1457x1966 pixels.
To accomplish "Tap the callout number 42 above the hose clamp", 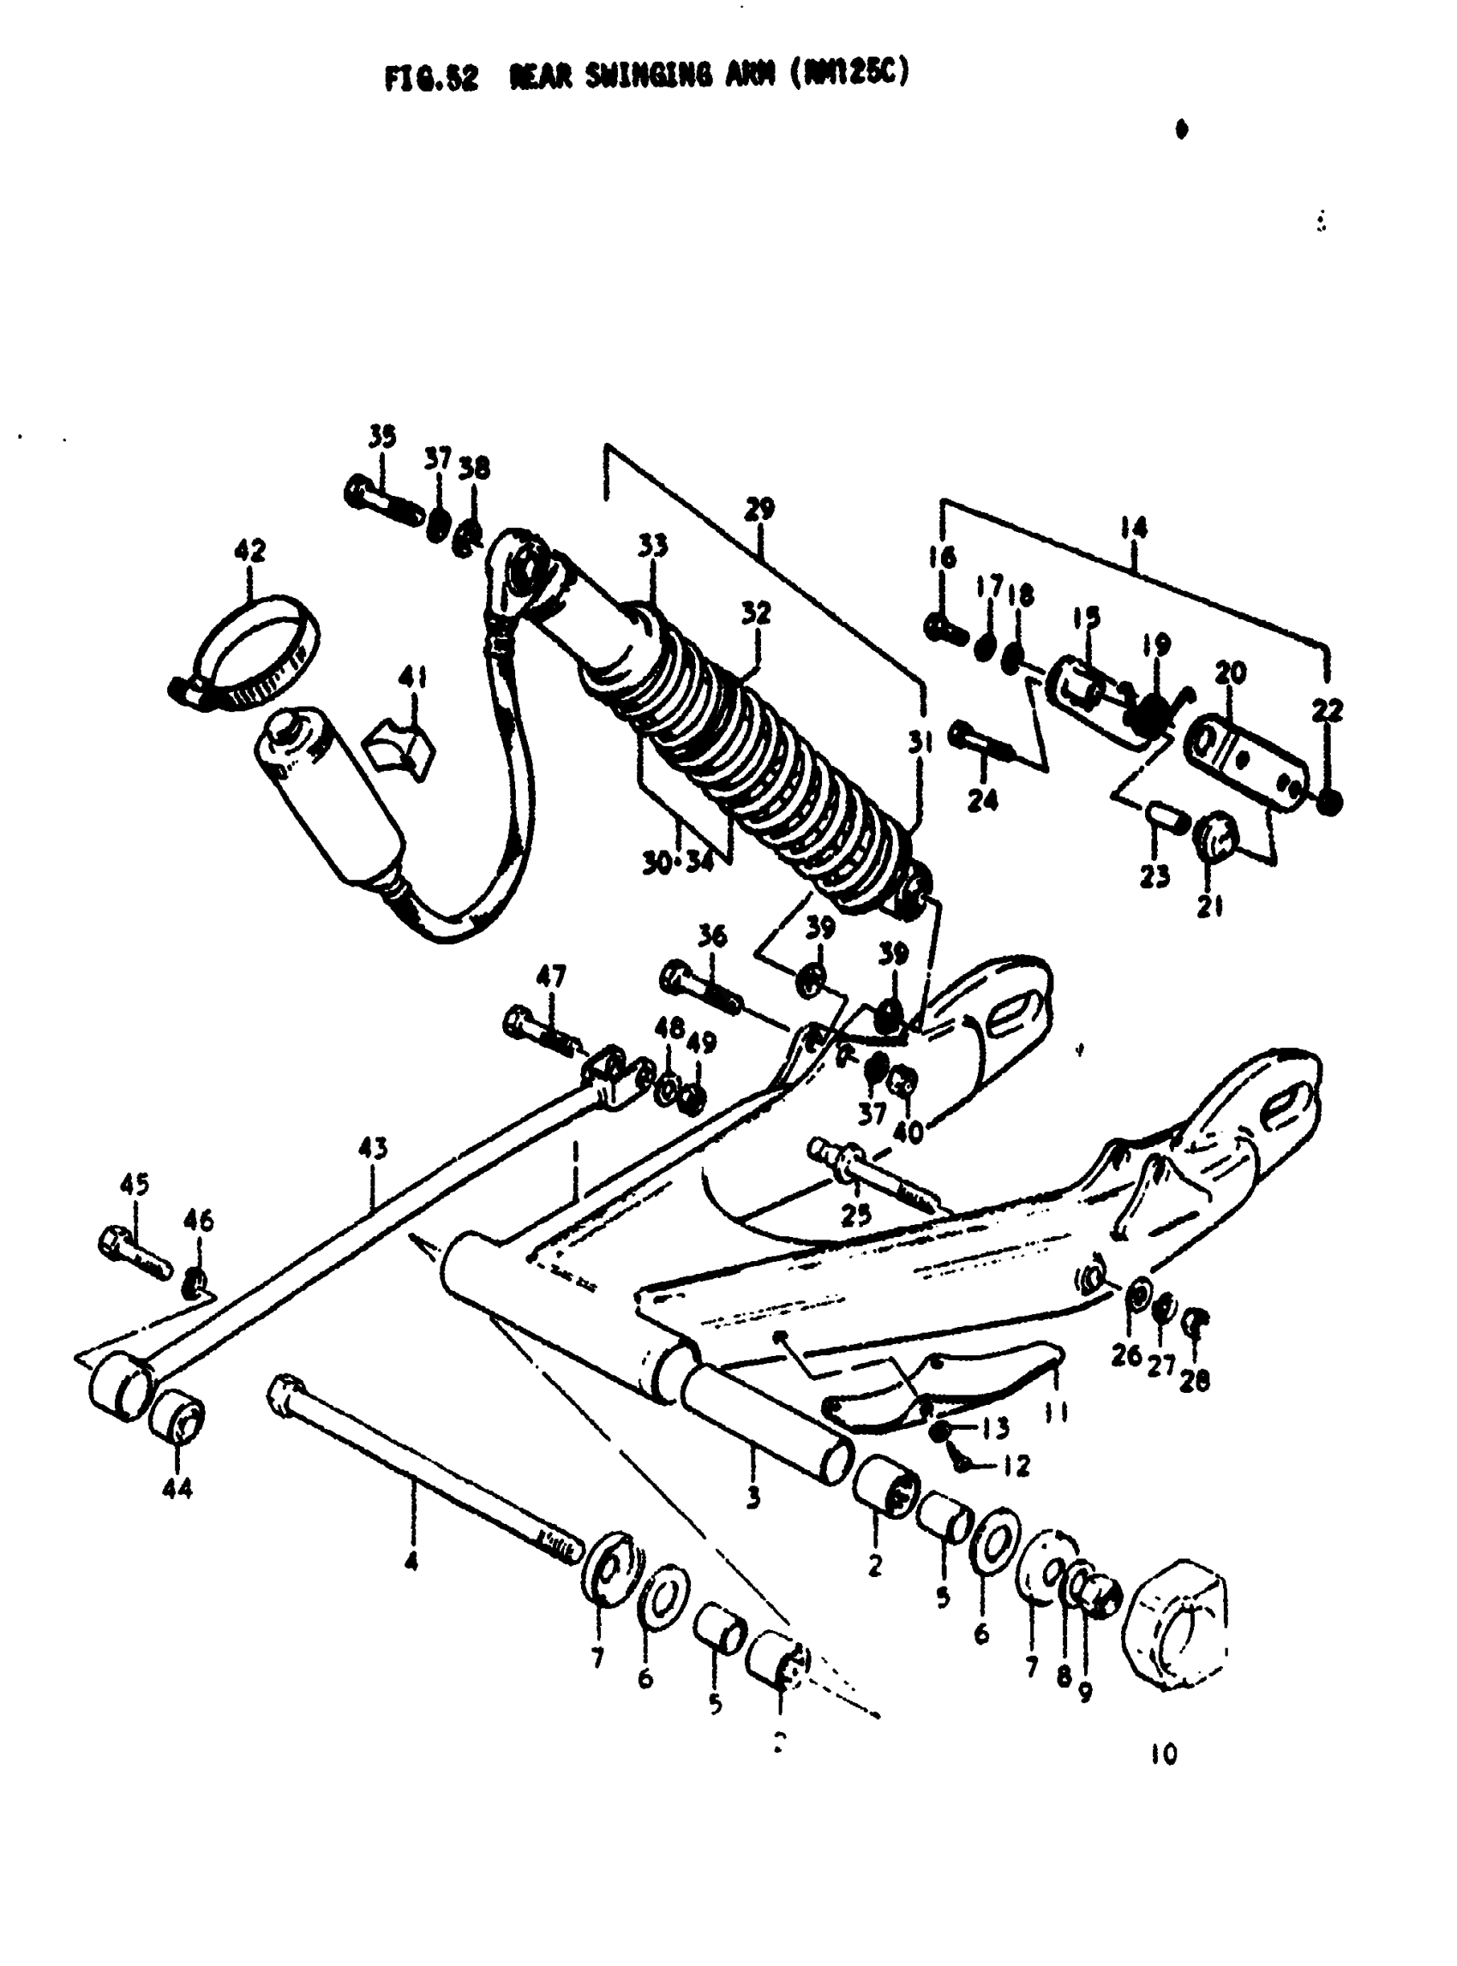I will pyautogui.click(x=249, y=551).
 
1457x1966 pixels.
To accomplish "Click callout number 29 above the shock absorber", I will pyautogui.click(x=759, y=509).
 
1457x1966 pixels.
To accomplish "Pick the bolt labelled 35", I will pyautogui.click(x=384, y=502).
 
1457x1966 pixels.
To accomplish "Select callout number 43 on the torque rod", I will pyautogui.click(x=372, y=1148).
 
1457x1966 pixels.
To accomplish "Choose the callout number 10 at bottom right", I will pyautogui.click(x=1164, y=1754).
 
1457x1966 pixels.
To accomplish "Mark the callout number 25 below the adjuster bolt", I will pyautogui.click(x=855, y=1216).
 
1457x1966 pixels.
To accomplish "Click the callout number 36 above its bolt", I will pyautogui.click(x=712, y=935).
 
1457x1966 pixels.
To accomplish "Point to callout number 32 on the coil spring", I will pyautogui.click(x=756, y=613).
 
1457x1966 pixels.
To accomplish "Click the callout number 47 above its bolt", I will pyautogui.click(x=551, y=976).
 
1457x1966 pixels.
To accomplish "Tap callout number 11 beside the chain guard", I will pyautogui.click(x=1056, y=1413).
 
